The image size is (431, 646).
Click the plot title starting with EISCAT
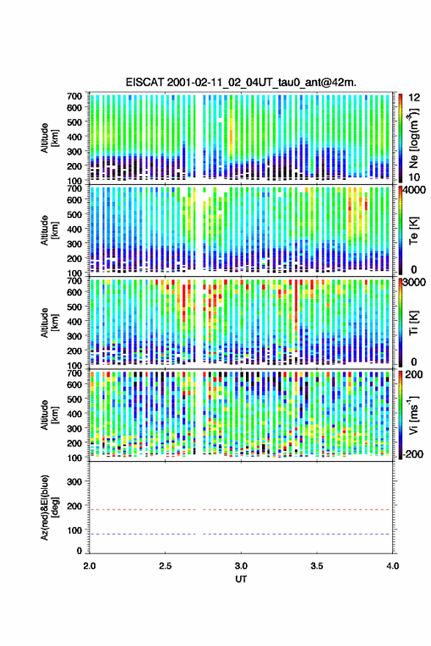[x=241, y=82]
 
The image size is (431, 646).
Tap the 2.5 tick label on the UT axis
[x=165, y=566]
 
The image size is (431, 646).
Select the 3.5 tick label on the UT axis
[x=316, y=566]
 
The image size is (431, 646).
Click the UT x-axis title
[x=241, y=579]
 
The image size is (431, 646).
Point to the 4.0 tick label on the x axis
[x=392, y=566]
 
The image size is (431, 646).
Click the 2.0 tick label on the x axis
[x=90, y=566]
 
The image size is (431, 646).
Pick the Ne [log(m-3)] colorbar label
[x=413, y=138]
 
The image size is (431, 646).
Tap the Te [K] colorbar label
[x=413, y=231]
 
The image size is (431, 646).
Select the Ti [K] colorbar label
[x=413, y=322]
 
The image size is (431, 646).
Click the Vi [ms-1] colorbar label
[x=413, y=415]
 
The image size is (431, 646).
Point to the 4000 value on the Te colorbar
[x=413, y=190]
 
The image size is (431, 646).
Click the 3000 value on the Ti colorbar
[x=414, y=282]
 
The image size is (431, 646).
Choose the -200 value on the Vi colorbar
[x=413, y=454]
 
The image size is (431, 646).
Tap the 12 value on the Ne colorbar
[x=415, y=98]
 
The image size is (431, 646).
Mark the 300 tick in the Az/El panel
[x=75, y=482]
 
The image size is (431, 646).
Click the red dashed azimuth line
[x=240, y=509]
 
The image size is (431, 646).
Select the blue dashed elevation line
[x=240, y=534]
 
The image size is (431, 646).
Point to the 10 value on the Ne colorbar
[x=415, y=177]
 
